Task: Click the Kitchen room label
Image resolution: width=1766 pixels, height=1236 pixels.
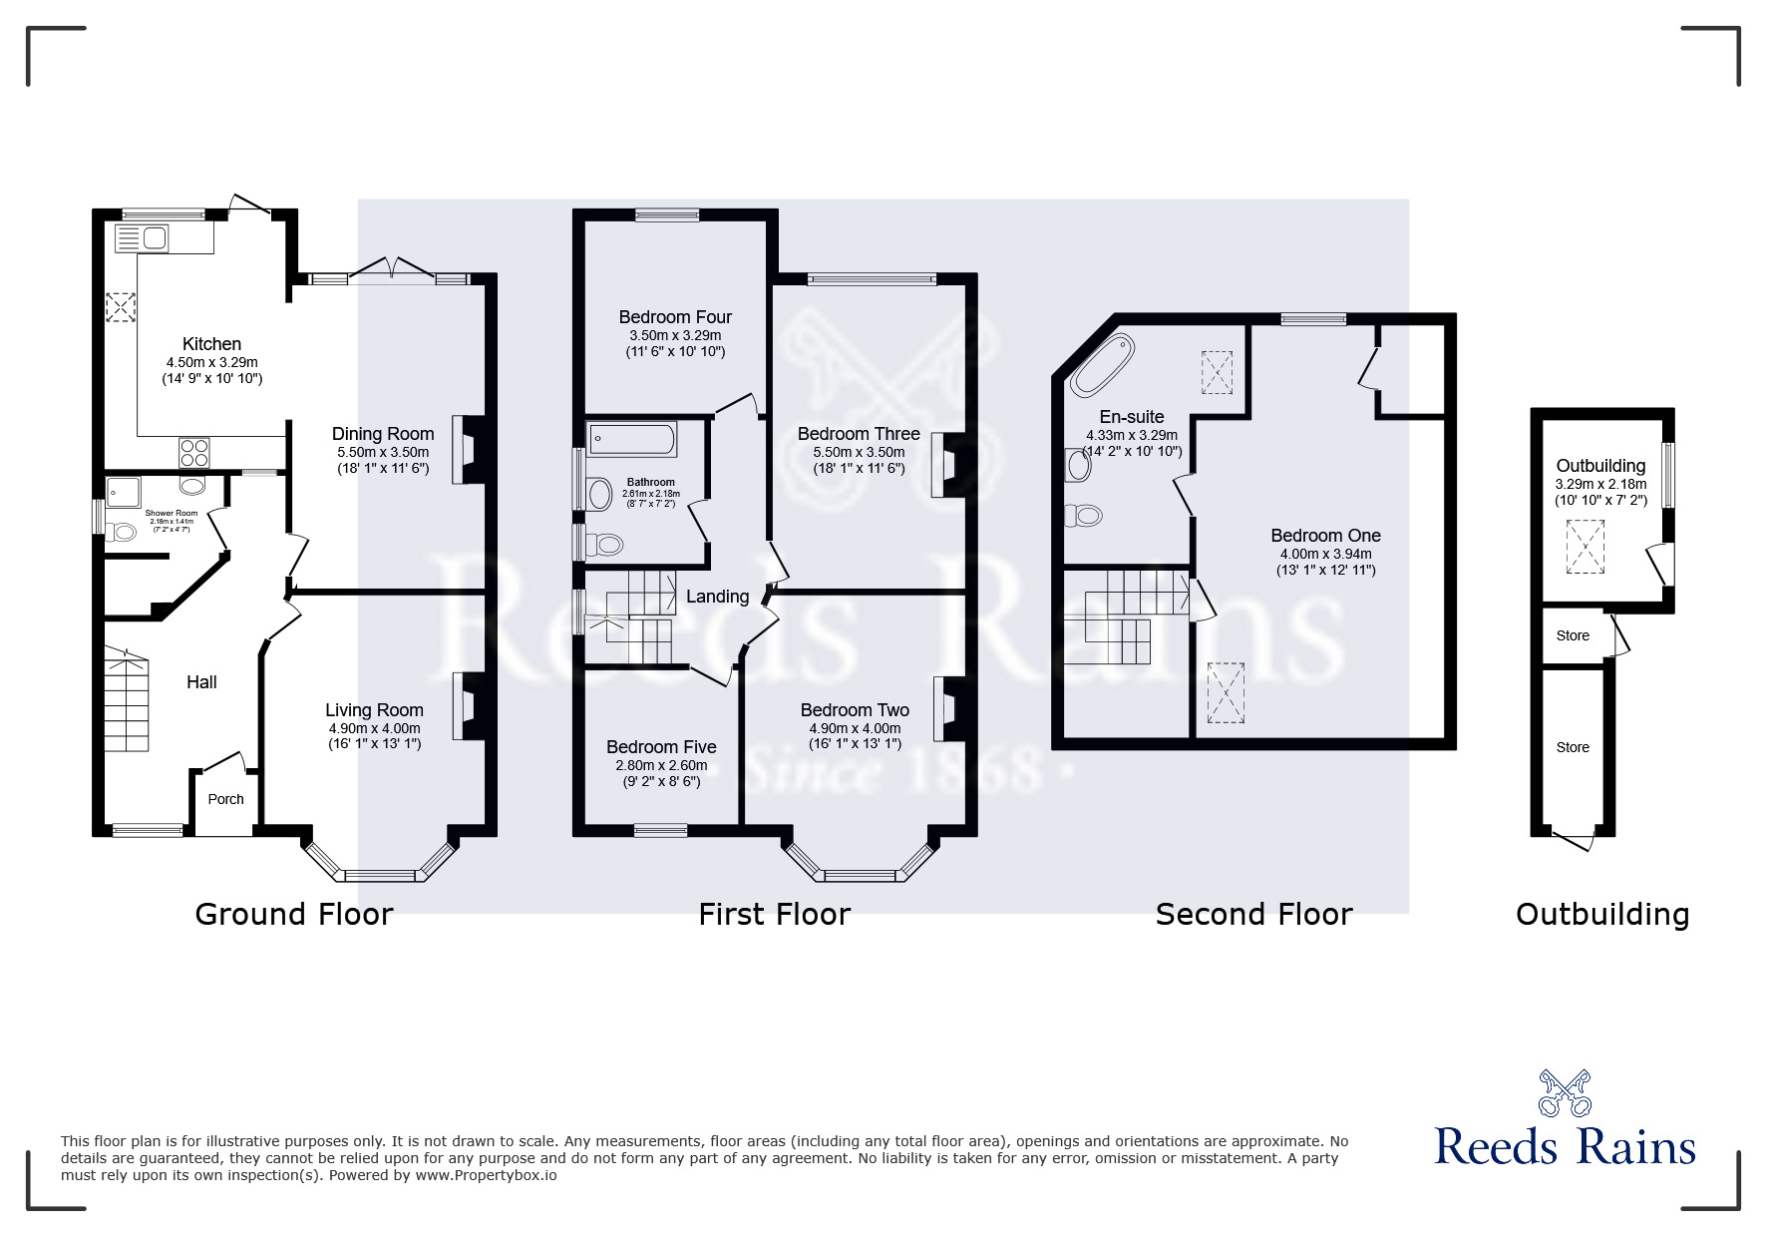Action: click(211, 344)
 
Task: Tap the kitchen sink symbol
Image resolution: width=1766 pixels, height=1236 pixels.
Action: click(143, 239)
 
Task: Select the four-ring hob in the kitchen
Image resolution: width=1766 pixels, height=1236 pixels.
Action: click(193, 454)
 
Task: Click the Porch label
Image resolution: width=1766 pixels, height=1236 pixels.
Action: click(225, 799)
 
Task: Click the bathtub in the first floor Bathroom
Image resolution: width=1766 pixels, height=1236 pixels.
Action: click(633, 439)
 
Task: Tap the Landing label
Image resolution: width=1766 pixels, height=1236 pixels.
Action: click(717, 597)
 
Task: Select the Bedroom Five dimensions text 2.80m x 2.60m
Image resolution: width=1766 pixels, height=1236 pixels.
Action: click(661, 766)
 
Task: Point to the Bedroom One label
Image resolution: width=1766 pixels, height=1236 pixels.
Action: click(1325, 536)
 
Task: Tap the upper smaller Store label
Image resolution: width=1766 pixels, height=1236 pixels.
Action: click(1573, 635)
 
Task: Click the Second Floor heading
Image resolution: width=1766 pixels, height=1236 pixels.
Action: click(1253, 914)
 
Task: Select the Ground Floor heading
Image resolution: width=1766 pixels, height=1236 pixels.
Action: click(294, 914)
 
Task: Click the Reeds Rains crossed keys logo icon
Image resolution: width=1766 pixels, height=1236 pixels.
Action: click(1565, 1092)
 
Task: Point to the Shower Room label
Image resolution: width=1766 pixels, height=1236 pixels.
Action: click(172, 514)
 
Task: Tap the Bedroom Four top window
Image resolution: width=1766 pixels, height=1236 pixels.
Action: click(667, 213)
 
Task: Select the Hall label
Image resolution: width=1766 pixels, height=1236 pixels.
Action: click(201, 682)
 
